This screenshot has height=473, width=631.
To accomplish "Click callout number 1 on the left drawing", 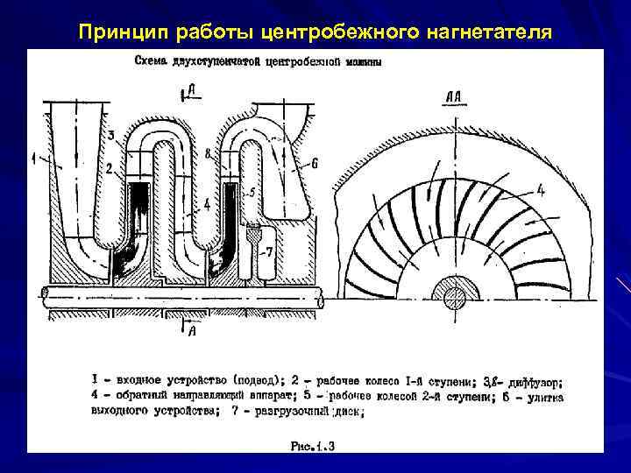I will click(x=34, y=158).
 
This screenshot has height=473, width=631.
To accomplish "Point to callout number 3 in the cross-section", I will click(x=111, y=134).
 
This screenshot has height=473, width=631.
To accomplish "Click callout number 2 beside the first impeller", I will click(x=108, y=166).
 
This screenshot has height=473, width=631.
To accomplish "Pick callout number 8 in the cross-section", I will click(x=207, y=154).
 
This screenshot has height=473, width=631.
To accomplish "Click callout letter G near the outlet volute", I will click(x=313, y=163).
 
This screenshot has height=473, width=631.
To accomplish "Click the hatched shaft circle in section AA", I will click(x=457, y=298).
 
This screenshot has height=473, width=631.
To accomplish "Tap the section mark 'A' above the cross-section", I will click(x=191, y=90).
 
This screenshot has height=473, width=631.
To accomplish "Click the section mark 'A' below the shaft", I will click(x=191, y=330).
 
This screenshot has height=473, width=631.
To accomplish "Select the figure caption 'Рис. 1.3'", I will click(x=313, y=446).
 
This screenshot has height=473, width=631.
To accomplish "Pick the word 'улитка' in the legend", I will click(x=542, y=397).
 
